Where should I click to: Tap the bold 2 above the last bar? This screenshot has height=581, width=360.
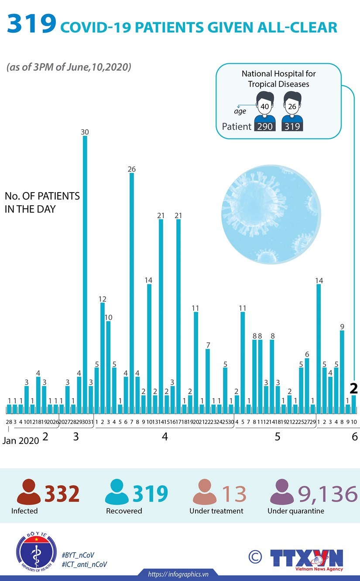[x=354, y=388]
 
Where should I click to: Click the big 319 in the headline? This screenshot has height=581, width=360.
[x=31, y=25]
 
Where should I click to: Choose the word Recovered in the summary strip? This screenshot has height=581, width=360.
[x=124, y=511]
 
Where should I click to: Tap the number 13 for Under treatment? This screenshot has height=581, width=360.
[x=234, y=494]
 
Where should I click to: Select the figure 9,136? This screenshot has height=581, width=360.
[x=327, y=494]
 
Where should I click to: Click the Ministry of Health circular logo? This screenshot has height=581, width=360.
[x=36, y=553]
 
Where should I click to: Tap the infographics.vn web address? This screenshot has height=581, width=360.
[x=178, y=574]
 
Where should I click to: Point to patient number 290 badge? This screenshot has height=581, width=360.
[x=265, y=127]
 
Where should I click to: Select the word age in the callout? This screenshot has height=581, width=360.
[x=240, y=111]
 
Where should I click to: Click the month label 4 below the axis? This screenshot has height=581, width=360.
[x=165, y=436]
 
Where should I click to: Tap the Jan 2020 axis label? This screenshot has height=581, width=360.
[x=21, y=440]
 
